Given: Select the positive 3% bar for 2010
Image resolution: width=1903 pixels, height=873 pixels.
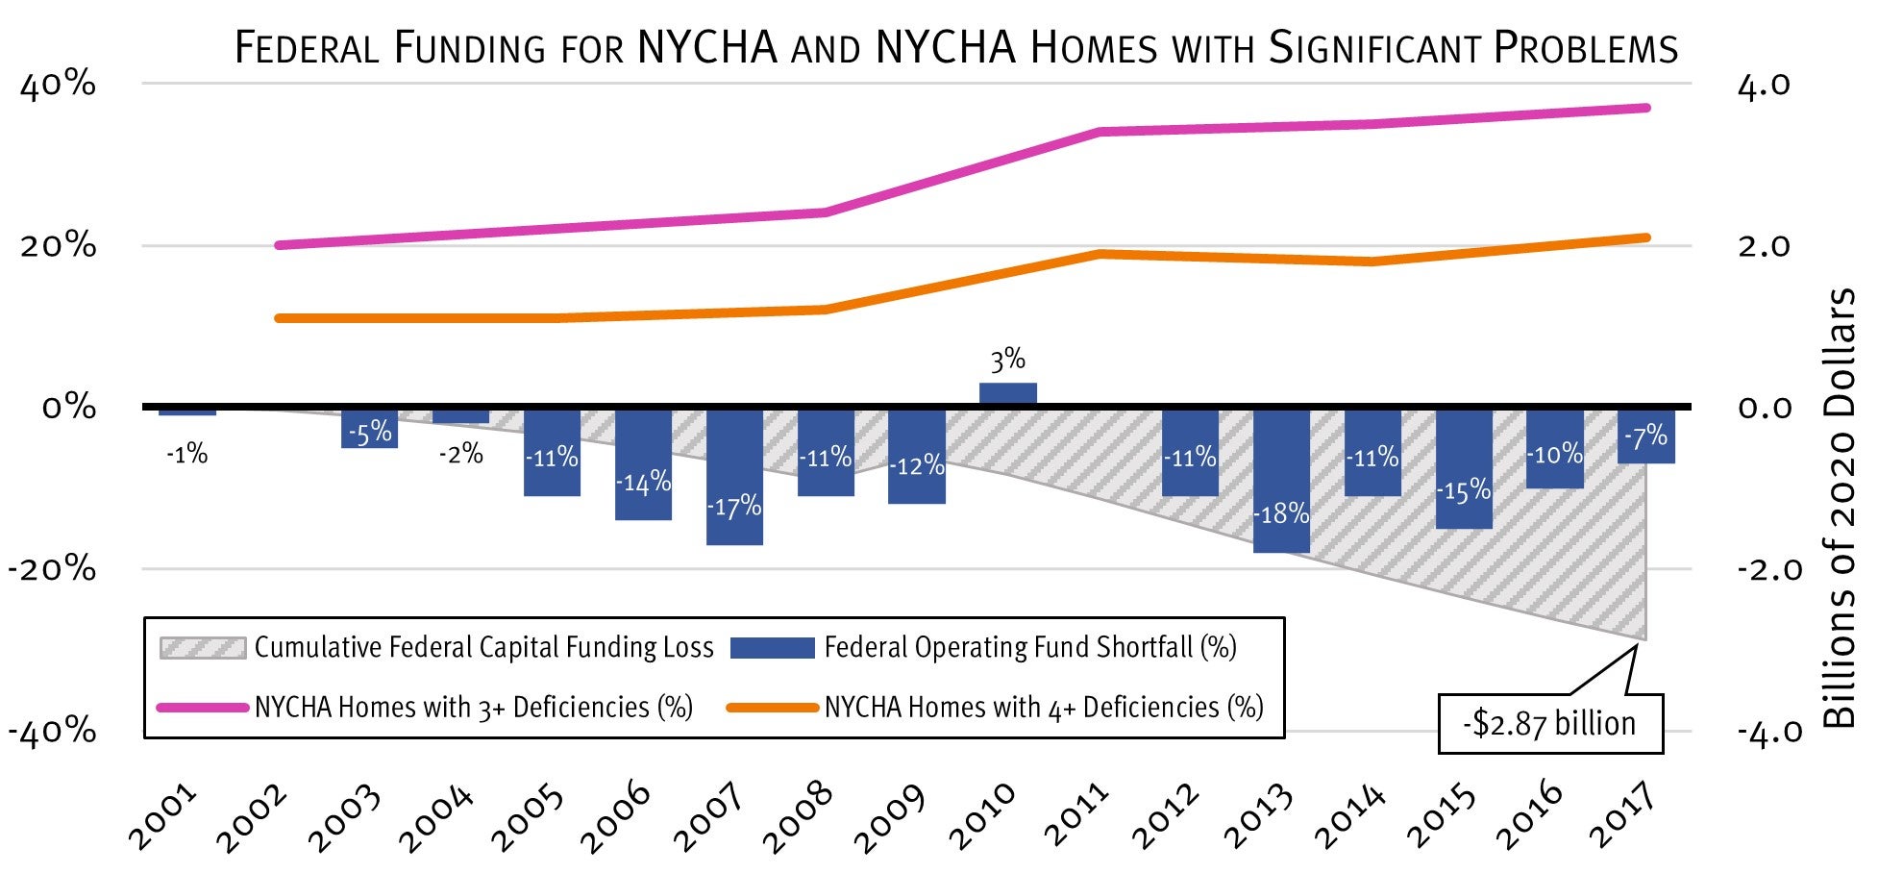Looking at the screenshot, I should pos(1007,394).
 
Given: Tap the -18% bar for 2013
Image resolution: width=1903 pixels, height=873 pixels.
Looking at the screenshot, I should pos(1281,481).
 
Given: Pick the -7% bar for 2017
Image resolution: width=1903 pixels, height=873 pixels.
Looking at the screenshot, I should pos(1645,436).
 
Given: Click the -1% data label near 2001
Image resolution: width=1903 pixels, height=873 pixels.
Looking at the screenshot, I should pos(186,454).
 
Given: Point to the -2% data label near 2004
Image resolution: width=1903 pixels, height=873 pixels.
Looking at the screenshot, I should pos(460,454).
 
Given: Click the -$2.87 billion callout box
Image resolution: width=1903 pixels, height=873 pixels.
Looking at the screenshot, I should pos(1549,723).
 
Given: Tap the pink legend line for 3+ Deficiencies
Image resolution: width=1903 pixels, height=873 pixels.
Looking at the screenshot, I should pos(202,708).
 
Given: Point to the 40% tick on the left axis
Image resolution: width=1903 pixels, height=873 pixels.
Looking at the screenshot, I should pos(58,85).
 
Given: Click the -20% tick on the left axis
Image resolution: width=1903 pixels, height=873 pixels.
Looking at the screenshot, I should pos(52,568).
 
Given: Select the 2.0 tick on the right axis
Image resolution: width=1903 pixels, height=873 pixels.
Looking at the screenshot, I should pos(1764,246).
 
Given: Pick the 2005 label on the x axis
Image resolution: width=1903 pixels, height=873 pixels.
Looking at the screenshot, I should pos(528,817).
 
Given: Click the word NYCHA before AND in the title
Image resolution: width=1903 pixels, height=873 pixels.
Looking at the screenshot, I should pos(707,48).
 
